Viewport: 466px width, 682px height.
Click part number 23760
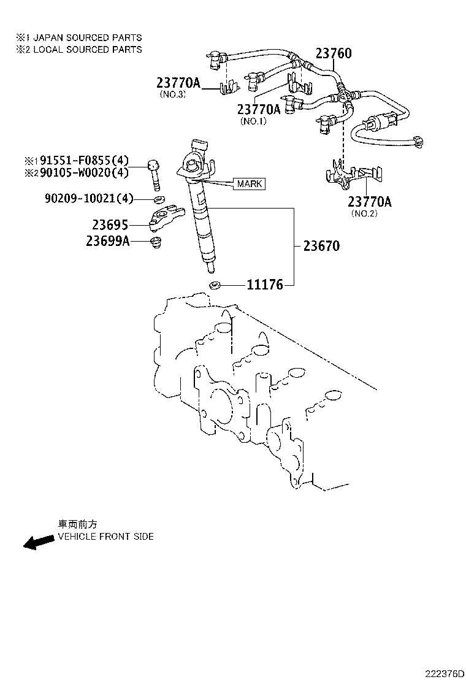click(334, 53)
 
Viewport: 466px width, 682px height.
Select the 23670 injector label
click(321, 246)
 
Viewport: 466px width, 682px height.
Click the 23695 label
click(110, 225)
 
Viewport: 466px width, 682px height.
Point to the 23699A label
click(107, 241)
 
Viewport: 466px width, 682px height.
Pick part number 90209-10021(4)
click(88, 198)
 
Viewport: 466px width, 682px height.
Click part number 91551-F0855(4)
click(84, 161)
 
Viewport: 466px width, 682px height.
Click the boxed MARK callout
click(249, 183)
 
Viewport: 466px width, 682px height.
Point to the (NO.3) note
click(172, 94)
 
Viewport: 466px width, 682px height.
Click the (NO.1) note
click(253, 121)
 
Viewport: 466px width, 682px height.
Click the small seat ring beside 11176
click(215, 285)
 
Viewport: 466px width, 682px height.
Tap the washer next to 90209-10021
click(158, 199)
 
